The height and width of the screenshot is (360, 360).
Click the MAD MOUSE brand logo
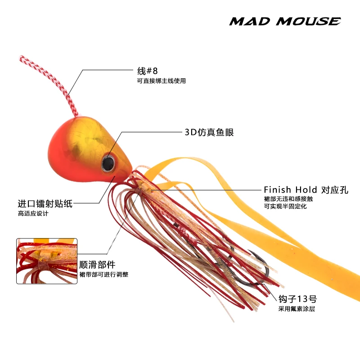point(284,21)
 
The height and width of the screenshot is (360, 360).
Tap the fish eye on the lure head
point(108,162)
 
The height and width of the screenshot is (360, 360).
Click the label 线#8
point(148,71)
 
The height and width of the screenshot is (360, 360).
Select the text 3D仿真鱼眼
point(209,132)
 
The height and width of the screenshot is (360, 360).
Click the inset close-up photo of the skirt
point(47,261)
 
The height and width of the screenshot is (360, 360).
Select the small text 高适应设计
point(33,214)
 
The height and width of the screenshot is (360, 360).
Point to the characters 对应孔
point(335,190)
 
